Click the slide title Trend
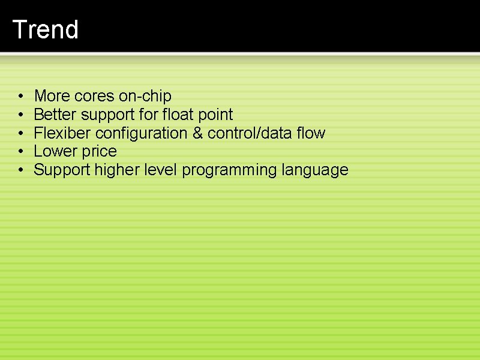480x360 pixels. click(46, 29)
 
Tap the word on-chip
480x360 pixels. click(147, 96)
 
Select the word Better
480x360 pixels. click(55, 115)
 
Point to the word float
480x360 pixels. click(178, 115)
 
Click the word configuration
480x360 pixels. click(142, 133)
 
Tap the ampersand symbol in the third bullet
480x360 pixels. click(197, 133)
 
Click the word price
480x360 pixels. click(99, 151)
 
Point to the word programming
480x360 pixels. click(229, 170)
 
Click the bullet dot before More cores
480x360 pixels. click(20, 97)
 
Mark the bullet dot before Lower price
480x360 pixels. click(20, 152)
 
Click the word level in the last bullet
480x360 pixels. click(161, 170)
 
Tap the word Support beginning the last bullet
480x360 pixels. click(62, 170)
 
